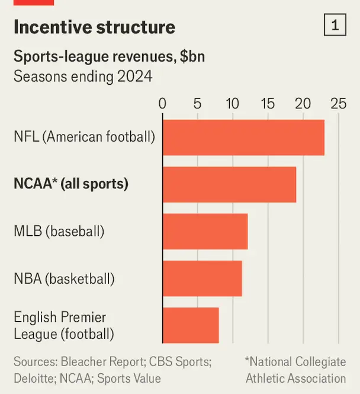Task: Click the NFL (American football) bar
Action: point(243,137)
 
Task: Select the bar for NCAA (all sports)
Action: point(229,184)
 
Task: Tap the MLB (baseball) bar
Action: point(205,231)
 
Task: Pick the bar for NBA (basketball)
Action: point(202,278)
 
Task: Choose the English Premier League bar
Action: point(191,325)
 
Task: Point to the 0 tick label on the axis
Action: point(163,104)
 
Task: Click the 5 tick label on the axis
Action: point(198,104)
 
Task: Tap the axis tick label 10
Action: point(233,104)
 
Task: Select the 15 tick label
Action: point(268,104)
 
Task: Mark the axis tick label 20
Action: point(303,104)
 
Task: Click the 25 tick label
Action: point(338,104)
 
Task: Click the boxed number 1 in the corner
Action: point(335,25)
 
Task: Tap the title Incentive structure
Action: point(94,27)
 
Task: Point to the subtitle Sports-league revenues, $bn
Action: point(109,57)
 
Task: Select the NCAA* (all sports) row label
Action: point(71,184)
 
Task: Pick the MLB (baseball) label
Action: point(59,231)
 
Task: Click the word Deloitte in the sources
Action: point(35,378)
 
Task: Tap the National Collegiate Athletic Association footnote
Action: point(295,370)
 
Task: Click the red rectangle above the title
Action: point(33,2)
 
